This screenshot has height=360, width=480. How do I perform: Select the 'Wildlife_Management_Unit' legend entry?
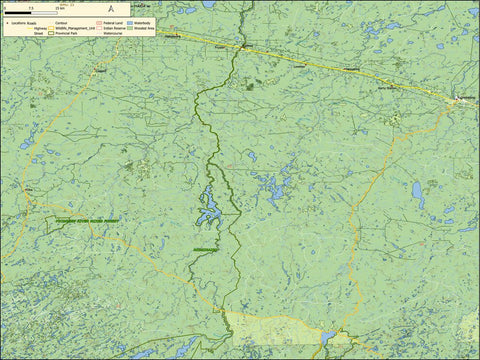[x=74, y=28]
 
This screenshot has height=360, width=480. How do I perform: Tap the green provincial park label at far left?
[x=86, y=219]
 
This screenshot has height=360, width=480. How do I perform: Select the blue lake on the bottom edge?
[x=327, y=339]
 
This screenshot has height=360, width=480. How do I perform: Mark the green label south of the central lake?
[x=204, y=250]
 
